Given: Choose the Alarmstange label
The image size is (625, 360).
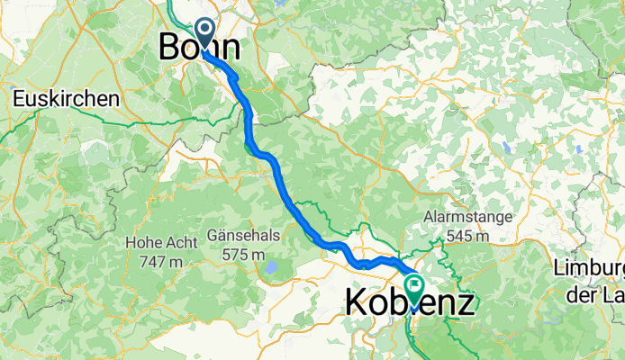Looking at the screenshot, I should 469,217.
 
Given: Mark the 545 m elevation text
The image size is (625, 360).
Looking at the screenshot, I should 468,236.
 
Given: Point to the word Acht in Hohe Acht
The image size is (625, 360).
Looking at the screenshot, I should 175,242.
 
